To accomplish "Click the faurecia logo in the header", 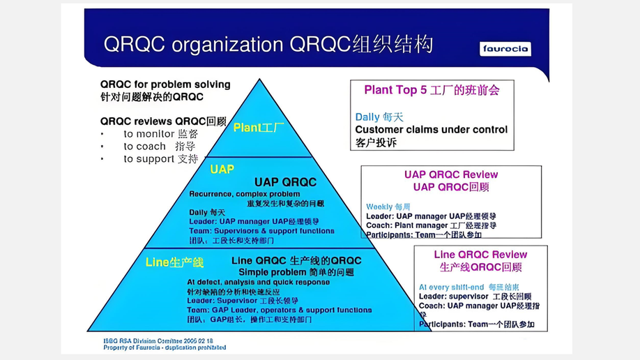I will (505, 49).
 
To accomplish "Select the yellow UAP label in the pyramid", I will (222, 170).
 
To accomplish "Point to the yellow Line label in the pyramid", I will (174, 262).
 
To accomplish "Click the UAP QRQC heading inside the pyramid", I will (285, 183).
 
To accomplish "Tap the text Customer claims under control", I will (431, 130).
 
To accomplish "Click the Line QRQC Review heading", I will (480, 255).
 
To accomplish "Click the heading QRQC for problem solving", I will (165, 84).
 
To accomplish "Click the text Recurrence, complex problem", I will (244, 193).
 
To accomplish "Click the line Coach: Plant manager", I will (431, 225).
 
